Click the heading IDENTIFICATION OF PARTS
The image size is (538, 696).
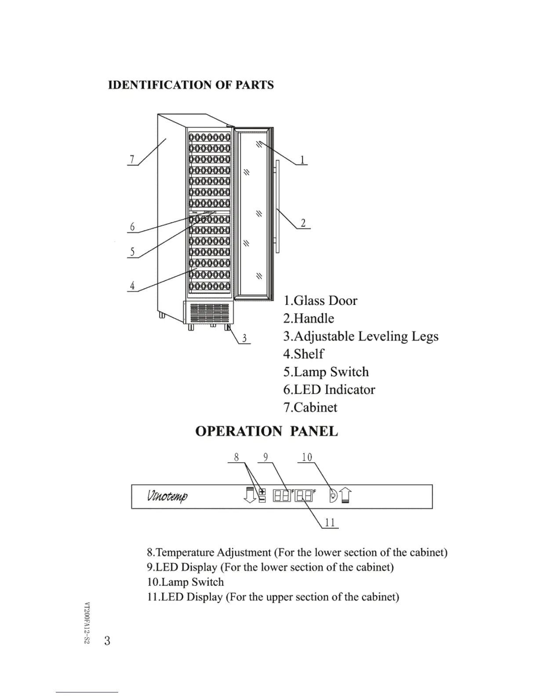coord(191,85)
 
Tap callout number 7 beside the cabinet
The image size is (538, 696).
coord(131,159)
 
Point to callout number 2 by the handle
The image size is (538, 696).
coord(303,223)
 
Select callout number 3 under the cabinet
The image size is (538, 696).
coord(244,338)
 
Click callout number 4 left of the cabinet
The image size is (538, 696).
coord(132,286)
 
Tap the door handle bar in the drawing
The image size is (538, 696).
coord(278,207)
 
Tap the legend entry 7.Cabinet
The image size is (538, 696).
coord(310,407)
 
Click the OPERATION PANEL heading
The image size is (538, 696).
coord(266,431)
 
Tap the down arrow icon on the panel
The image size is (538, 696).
coord(250,496)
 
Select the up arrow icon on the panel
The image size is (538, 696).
coord(345,496)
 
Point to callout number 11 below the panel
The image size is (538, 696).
coord(330,522)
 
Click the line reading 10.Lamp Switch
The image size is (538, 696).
coord(185,582)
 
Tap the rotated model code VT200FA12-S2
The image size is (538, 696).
coord(87,623)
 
